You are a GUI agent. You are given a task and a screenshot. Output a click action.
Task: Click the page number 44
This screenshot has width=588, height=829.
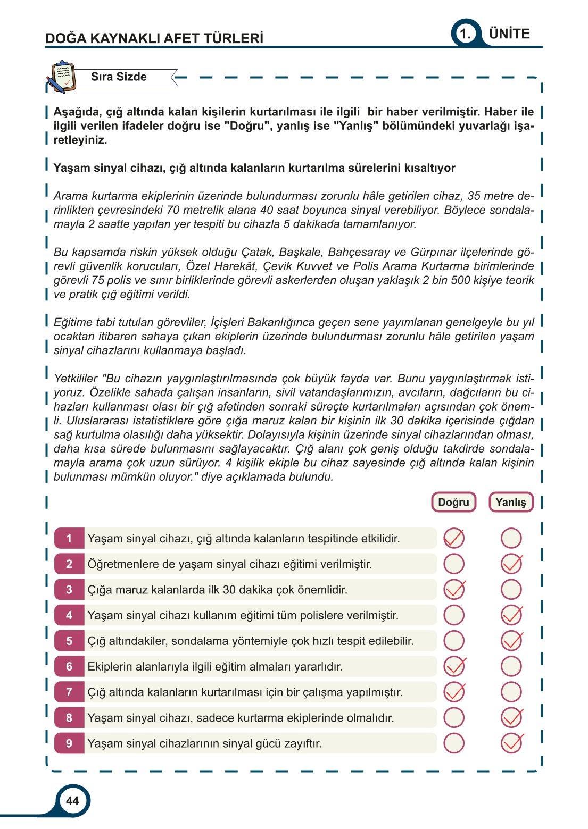click(72, 800)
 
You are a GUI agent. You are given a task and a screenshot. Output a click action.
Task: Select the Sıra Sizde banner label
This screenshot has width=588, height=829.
click(119, 77)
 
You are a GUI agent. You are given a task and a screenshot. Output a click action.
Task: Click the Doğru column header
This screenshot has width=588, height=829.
click(453, 502)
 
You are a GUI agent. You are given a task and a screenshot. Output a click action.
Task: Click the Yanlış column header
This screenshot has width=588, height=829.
click(510, 502)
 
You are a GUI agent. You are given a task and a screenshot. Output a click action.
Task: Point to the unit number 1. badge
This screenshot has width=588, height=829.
click(465, 34)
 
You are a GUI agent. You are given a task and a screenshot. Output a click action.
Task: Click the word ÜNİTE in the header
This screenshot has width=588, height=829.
click(509, 34)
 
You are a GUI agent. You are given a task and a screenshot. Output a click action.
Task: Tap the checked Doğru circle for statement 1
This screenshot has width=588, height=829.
click(454, 538)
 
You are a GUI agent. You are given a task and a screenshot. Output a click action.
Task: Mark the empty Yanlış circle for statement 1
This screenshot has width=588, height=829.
click(511, 538)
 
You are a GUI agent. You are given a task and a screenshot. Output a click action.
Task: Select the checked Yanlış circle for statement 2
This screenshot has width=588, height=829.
click(511, 564)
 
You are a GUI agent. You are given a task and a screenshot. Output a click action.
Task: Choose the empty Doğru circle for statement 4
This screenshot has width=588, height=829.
click(454, 615)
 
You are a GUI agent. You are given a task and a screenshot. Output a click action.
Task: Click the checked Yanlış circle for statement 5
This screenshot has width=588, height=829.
click(511, 641)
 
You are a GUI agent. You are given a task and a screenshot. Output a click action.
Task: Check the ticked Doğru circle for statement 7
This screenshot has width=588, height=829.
click(454, 692)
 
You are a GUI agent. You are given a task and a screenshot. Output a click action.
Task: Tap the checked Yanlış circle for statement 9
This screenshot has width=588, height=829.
click(511, 743)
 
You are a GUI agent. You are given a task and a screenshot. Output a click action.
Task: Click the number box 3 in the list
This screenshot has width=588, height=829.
click(69, 590)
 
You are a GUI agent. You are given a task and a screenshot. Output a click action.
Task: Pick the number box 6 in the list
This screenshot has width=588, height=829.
click(69, 666)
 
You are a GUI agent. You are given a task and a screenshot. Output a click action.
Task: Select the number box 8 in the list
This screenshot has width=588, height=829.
click(69, 718)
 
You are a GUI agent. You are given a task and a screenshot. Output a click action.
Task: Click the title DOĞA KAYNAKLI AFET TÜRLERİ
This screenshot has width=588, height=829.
click(154, 38)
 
